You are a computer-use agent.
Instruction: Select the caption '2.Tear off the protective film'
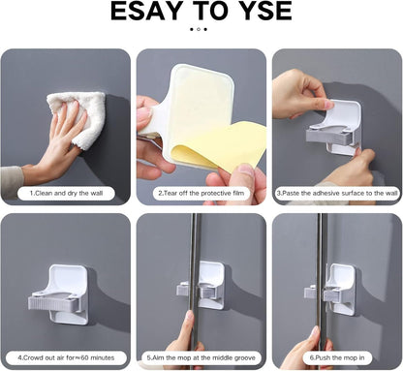201,193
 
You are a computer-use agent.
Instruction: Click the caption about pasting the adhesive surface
337,193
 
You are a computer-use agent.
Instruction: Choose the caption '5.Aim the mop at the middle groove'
201,356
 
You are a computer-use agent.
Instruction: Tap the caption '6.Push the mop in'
337,356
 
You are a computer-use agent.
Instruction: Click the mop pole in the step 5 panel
195,252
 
